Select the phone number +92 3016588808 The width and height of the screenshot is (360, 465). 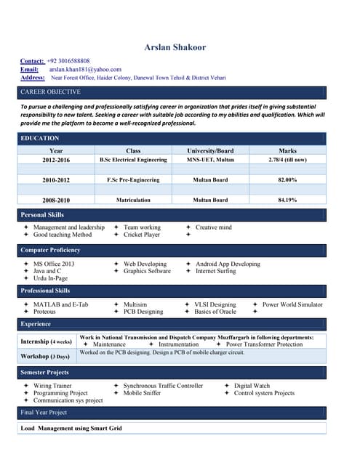[x=68, y=61]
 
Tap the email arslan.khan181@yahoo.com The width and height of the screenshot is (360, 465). [x=85, y=69]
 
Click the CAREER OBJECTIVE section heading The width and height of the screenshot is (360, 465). [x=51, y=92]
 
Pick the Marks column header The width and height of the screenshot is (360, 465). [x=287, y=150]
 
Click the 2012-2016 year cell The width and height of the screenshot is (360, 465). [x=56, y=160]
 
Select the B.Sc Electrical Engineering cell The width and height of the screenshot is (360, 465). [x=133, y=160]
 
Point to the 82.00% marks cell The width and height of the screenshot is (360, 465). [x=287, y=179]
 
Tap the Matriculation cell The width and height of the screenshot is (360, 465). [x=133, y=200]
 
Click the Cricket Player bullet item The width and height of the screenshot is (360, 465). [x=142, y=235]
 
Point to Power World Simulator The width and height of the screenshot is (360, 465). [x=292, y=304]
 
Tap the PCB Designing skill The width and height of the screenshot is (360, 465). [x=143, y=312]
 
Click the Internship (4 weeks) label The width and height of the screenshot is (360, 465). [x=46, y=341]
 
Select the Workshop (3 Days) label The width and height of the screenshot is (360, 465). [x=45, y=357]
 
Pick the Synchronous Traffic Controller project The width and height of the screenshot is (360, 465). [x=163, y=386]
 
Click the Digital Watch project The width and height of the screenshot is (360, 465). [x=252, y=386]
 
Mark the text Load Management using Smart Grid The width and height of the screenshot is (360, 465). [x=71, y=429]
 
